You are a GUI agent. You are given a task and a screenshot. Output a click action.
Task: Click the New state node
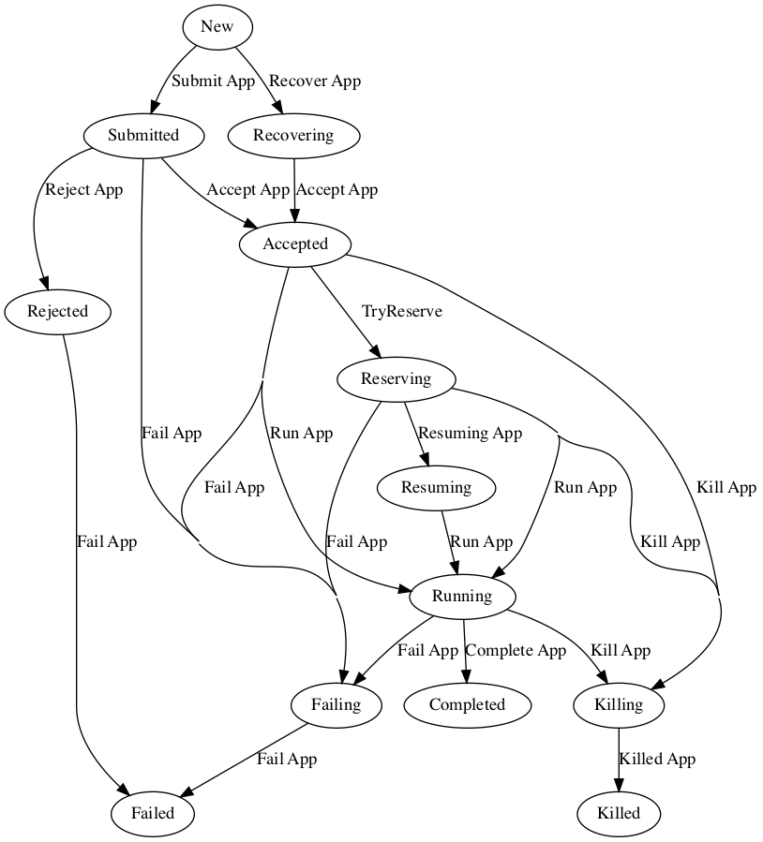217,26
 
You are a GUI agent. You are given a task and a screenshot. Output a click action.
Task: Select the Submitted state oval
143,135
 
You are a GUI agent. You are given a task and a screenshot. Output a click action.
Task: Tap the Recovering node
293,135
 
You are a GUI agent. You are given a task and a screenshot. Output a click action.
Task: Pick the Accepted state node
295,244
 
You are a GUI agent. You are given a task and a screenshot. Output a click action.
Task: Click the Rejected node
58,311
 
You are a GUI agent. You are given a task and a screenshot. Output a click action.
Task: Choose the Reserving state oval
396,378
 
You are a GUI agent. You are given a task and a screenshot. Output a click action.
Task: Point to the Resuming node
436,487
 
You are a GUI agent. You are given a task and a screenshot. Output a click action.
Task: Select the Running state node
462,596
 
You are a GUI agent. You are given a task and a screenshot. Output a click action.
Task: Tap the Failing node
336,704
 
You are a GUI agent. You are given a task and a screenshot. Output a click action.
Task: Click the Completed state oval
467,704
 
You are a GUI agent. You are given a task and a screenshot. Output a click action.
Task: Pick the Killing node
619,704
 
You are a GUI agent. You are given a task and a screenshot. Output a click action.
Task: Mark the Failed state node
153,813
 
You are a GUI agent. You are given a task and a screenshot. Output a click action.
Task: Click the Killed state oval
619,813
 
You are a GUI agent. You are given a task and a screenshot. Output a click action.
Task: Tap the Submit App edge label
214,81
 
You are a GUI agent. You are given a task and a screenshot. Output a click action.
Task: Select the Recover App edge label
315,81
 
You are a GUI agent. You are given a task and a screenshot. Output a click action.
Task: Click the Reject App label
84,189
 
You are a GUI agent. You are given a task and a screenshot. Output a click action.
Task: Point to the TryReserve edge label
402,311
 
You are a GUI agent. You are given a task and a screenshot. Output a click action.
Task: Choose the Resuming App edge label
470,433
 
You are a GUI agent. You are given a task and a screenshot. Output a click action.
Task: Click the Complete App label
516,650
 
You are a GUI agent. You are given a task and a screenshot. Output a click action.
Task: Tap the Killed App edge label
657,759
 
